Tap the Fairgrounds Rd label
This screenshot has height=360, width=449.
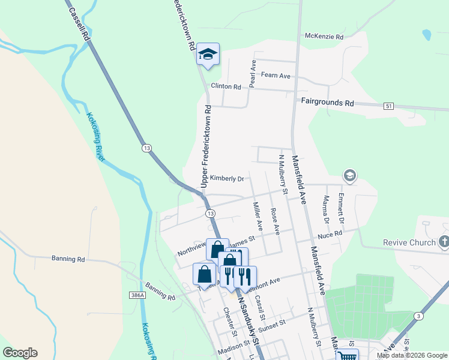pyautogui.click(x=327, y=103)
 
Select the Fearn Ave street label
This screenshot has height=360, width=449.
pyautogui.click(x=276, y=76)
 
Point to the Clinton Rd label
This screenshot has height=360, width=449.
pyautogui.click(x=226, y=86)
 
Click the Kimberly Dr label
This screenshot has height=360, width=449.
pyautogui.click(x=227, y=179)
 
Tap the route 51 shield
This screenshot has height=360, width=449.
pyautogui.click(x=390, y=106)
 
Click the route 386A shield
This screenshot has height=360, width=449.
pyautogui.click(x=137, y=295)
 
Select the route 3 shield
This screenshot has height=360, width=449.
pyautogui.click(x=417, y=316)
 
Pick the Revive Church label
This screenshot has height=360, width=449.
pyautogui.click(x=409, y=243)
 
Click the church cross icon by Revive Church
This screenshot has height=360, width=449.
pyautogui.click(x=444, y=242)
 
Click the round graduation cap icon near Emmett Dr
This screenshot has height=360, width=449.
pyautogui.click(x=349, y=176)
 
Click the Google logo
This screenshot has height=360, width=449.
pyautogui.click(x=20, y=353)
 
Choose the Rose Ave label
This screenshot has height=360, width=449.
pyautogui.click(x=275, y=221)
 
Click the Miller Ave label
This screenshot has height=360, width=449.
pyautogui.click(x=258, y=217)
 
